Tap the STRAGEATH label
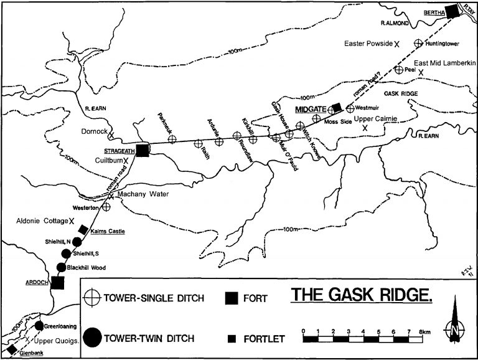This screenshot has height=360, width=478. (117, 150)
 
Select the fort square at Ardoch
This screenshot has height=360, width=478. (58, 282)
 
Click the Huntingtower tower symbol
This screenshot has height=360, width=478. (419, 44)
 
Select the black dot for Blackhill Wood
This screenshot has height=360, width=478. (61, 267)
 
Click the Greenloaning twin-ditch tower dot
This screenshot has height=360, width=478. (39, 326)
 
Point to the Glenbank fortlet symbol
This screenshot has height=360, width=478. (11, 348)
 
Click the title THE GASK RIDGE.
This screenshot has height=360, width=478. (361, 294)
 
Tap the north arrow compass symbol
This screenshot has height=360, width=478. (455, 324)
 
